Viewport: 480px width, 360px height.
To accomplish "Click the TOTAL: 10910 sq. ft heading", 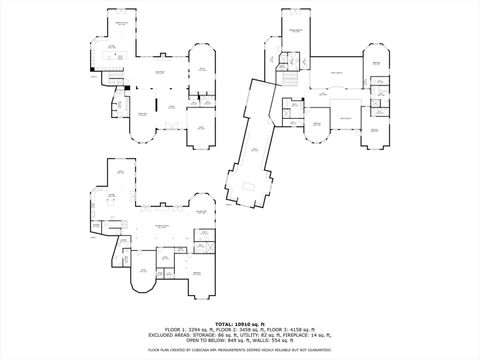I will [239, 323].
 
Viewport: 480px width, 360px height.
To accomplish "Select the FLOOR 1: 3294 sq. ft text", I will [191, 329].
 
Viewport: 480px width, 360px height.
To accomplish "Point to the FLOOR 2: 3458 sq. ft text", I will [239, 329].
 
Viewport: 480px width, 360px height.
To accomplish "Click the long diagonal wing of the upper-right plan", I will [253, 150].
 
